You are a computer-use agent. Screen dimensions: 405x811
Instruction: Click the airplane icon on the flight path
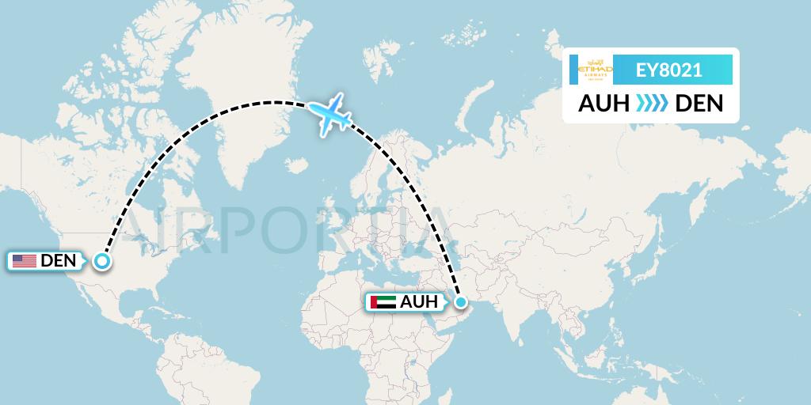(x=333, y=115)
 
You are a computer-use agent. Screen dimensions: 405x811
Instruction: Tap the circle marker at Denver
(x=102, y=260)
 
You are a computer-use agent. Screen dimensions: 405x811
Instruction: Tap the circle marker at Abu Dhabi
(x=461, y=301)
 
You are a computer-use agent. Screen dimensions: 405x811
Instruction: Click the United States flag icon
(x=24, y=260)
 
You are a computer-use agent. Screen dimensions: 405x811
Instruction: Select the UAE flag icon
(x=383, y=301)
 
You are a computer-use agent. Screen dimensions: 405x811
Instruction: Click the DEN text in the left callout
(x=57, y=260)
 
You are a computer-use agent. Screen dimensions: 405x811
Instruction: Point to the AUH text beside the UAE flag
(x=418, y=301)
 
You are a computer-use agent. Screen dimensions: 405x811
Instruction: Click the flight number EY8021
(x=669, y=70)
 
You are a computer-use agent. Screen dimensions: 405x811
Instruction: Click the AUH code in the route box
(x=604, y=104)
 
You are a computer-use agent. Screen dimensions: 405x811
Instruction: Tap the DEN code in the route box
(x=699, y=104)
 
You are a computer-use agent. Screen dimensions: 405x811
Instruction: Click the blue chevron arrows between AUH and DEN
(x=652, y=104)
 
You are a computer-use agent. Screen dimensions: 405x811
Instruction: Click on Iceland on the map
(x=298, y=165)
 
